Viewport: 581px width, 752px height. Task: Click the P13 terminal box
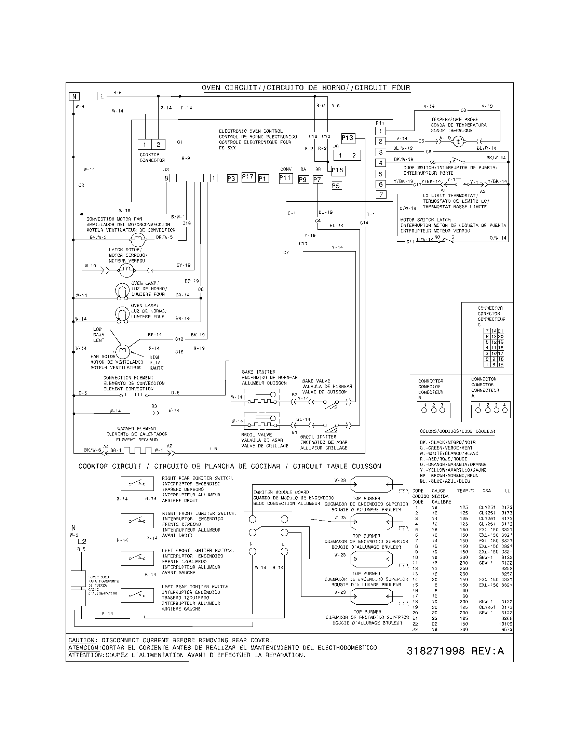[x=348, y=138]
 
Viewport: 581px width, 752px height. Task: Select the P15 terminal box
[x=338, y=170]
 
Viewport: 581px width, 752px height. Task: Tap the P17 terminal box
[x=248, y=177]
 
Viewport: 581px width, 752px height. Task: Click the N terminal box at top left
[x=74, y=96]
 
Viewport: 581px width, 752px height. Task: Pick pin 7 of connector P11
[x=381, y=195]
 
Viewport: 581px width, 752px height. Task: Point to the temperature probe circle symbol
[x=458, y=141]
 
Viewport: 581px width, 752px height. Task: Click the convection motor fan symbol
[x=138, y=238]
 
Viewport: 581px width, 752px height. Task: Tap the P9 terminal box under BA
[x=303, y=179]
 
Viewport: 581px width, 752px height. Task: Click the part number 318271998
[x=435, y=651]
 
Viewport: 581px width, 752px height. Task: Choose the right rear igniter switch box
[x=137, y=483]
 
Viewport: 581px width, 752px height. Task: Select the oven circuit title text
[x=306, y=88]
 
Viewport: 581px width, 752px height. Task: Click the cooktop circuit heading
[x=230, y=466]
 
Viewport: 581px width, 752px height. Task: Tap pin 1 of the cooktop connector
[x=145, y=145]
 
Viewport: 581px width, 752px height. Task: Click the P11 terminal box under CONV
[x=286, y=178]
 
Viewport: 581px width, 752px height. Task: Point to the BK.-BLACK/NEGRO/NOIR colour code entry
[x=447, y=442]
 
